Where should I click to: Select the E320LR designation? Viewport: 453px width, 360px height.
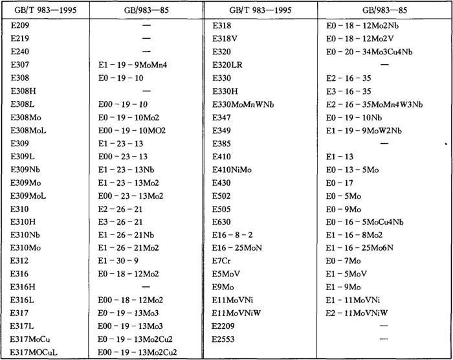[x=230, y=65]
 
